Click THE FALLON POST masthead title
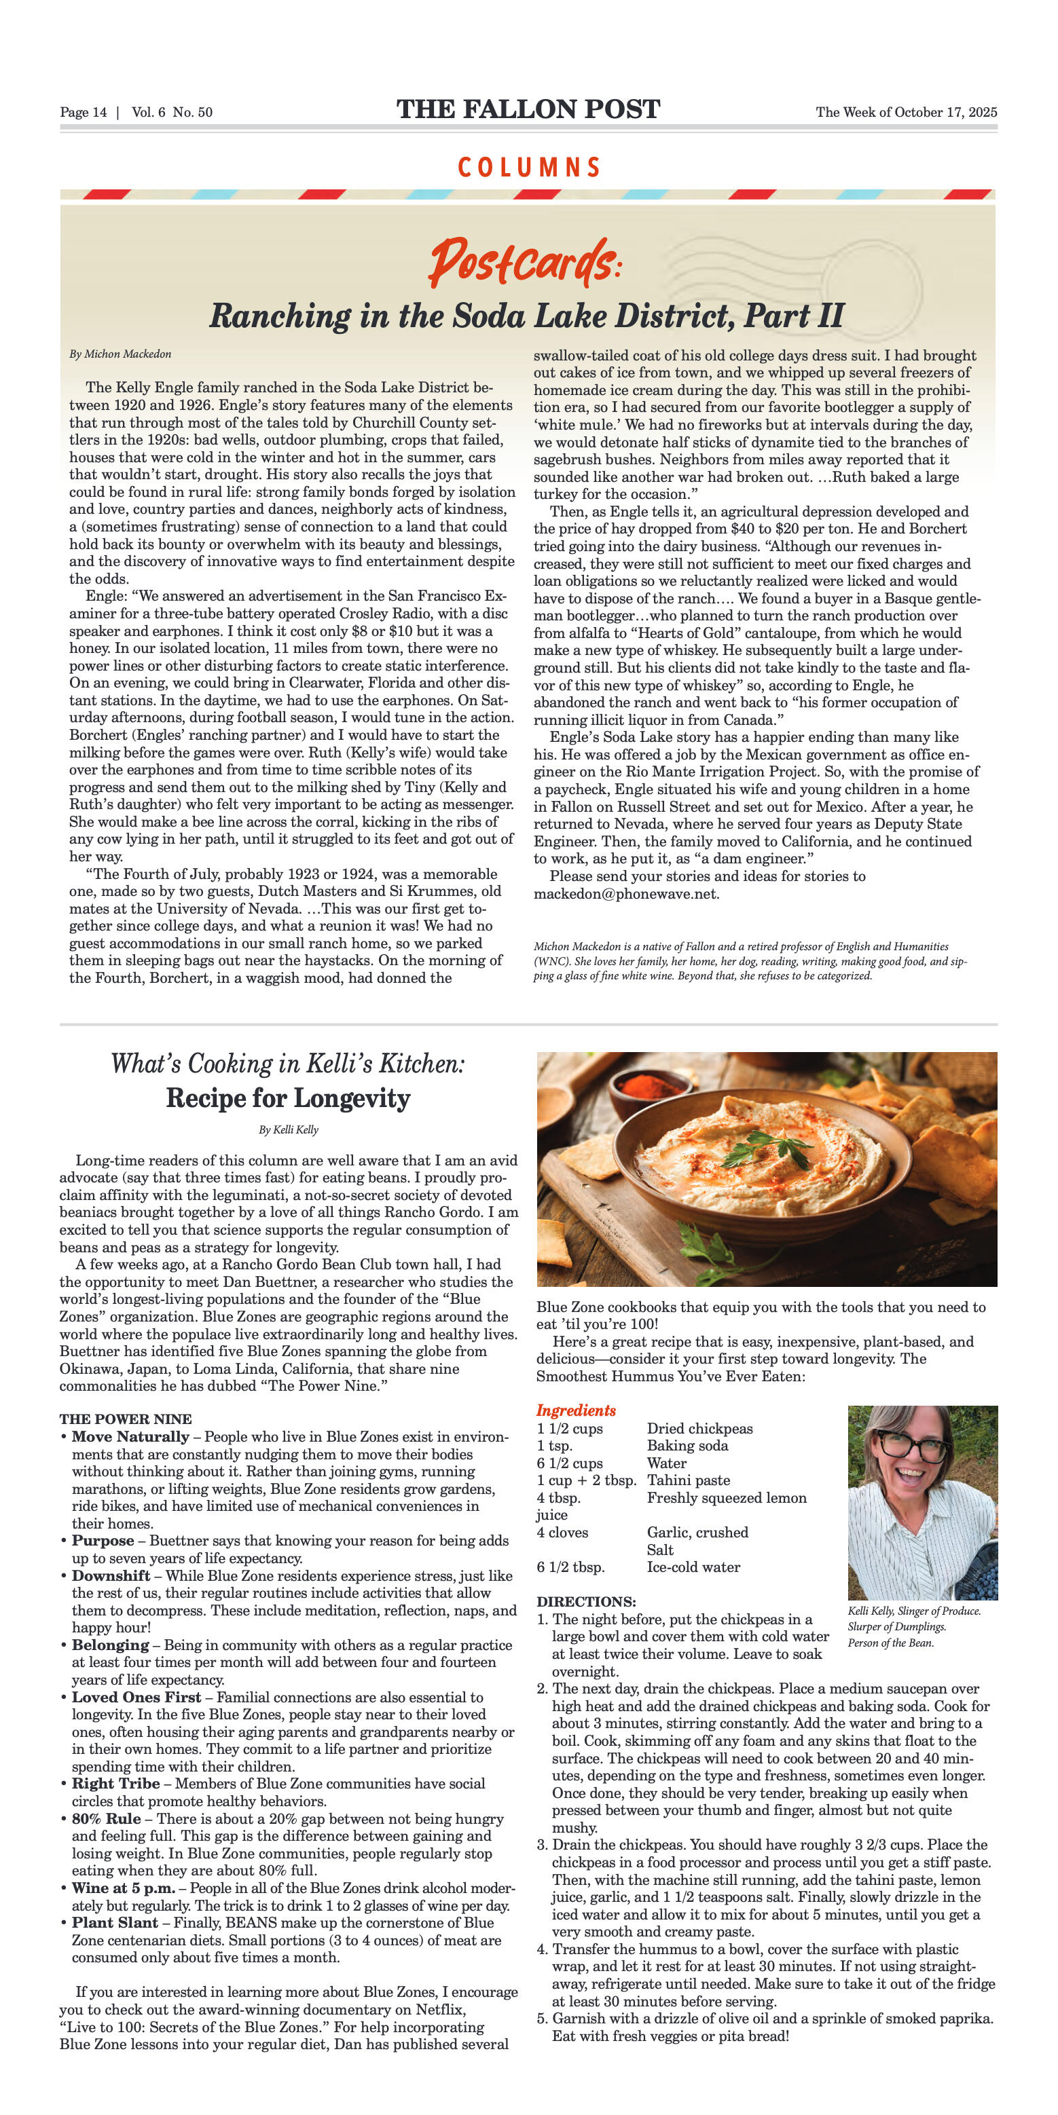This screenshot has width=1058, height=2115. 528,109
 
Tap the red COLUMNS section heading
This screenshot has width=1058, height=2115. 528,168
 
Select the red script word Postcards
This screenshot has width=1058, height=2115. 522,261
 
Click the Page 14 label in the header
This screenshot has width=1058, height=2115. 83,113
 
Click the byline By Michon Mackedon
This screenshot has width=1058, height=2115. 120,354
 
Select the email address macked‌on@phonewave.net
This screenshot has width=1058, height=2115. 626,894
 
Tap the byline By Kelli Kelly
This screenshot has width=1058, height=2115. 289,1129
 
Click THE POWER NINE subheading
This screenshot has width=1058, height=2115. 125,1419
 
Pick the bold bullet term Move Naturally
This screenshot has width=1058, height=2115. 130,1437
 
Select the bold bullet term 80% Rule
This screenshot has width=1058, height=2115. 106,1818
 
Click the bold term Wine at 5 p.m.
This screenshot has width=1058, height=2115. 123,1888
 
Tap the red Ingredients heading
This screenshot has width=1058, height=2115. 576,1410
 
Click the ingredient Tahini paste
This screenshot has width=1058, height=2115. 689,1480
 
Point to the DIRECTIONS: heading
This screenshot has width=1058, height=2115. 585,1602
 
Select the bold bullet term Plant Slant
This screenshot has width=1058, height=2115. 114,1923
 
